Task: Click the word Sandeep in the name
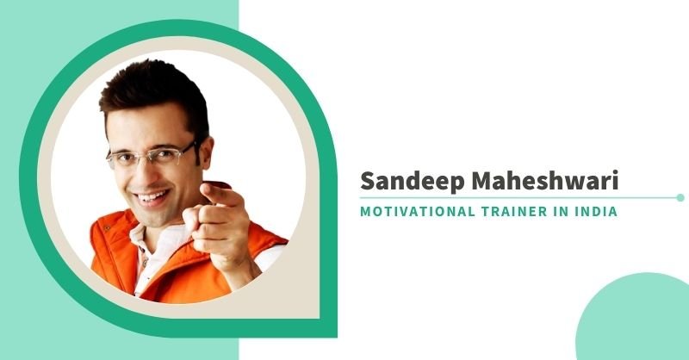413,181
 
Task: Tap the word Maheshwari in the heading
544,180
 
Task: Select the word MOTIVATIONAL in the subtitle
417,211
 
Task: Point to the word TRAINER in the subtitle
514,211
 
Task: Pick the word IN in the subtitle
561,211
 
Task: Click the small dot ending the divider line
680,198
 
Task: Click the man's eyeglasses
152,154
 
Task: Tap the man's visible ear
206,152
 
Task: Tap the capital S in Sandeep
368,180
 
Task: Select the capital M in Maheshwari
482,180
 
